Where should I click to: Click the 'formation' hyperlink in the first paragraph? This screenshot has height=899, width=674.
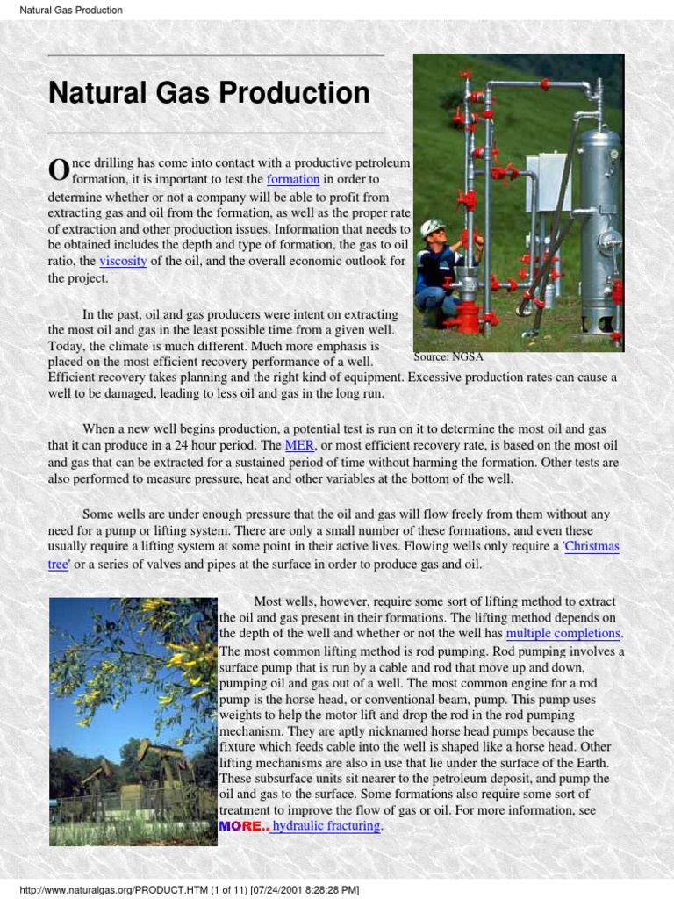tap(293, 179)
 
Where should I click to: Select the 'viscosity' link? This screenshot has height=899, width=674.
tap(123, 262)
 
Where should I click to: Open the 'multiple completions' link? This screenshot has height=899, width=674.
tap(563, 633)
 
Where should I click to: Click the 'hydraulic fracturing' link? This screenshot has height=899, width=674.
tap(326, 826)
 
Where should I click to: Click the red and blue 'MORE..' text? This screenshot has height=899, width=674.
tap(243, 826)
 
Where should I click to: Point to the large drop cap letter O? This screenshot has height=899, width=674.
tap(58, 169)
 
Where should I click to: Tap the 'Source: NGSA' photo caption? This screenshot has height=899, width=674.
tap(448, 357)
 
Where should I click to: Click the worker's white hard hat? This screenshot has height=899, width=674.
tap(432, 227)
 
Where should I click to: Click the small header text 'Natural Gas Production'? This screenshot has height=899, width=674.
tap(71, 11)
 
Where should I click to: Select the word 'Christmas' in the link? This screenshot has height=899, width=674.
tap(592, 546)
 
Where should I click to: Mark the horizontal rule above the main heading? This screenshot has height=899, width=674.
tap(216, 55)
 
